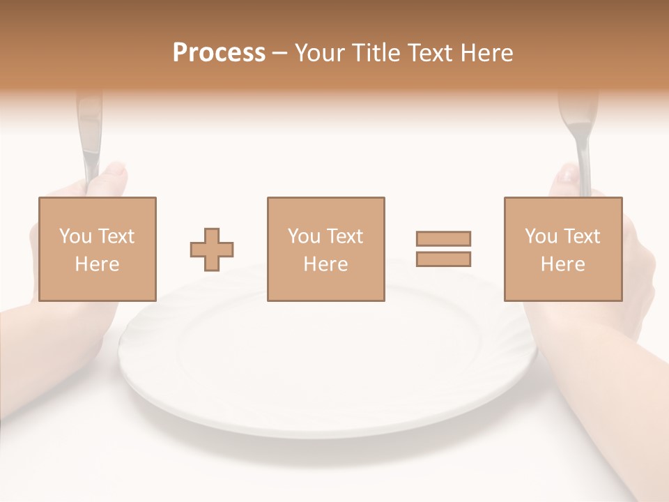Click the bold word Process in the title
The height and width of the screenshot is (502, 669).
pos(219,53)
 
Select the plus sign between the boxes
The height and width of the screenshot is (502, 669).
pos(212,249)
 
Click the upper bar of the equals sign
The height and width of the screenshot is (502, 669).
pos(443,238)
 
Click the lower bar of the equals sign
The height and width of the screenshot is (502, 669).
pos(443,259)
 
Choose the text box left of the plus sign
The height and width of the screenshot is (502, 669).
pos(97,249)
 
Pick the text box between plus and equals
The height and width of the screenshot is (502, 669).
pos(325,249)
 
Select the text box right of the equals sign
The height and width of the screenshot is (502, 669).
pos(562,249)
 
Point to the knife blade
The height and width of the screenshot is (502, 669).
pos(89,132)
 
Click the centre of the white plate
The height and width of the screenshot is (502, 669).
pos(328,356)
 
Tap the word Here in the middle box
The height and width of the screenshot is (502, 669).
pos(325,264)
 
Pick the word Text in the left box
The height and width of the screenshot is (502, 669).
pos(115,236)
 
